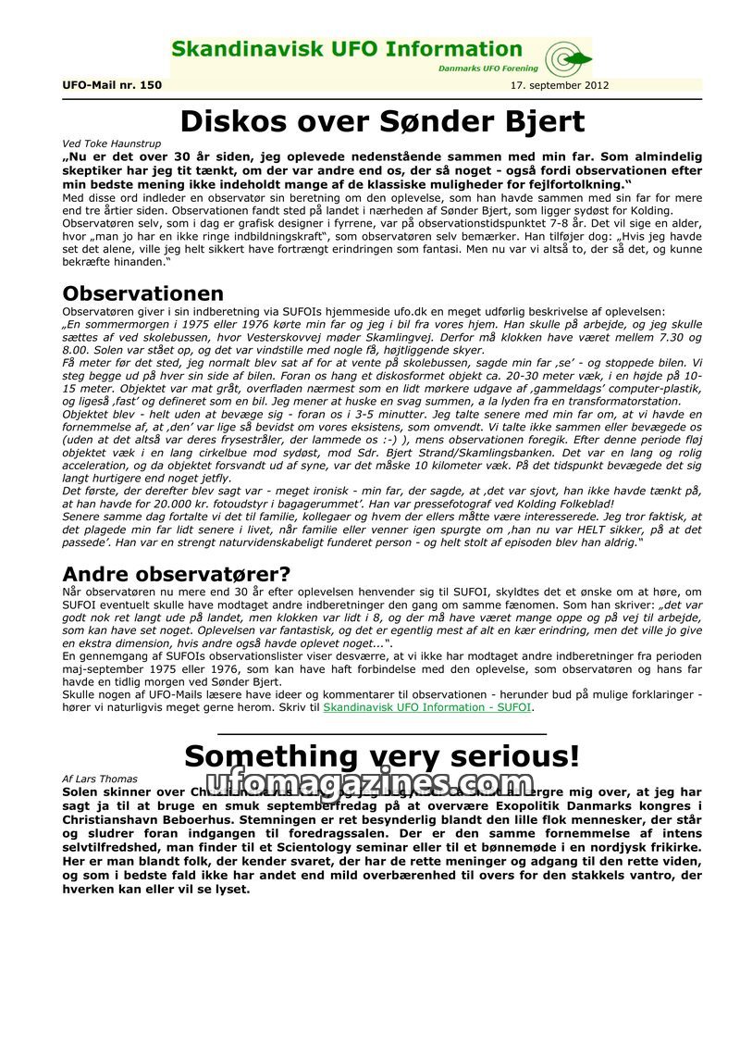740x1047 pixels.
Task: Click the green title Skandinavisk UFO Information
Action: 347,50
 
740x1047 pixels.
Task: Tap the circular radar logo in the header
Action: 561,59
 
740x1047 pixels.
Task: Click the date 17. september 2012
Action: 560,85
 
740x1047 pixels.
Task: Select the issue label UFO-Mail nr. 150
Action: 112,85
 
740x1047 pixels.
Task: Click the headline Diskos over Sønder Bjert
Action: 382,121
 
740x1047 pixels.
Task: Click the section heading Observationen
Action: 142,293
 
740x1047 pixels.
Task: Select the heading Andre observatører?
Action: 176,574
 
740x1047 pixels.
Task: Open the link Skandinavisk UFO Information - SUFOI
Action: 427,707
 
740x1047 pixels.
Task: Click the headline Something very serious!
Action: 382,756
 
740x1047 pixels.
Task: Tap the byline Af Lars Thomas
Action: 99,779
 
